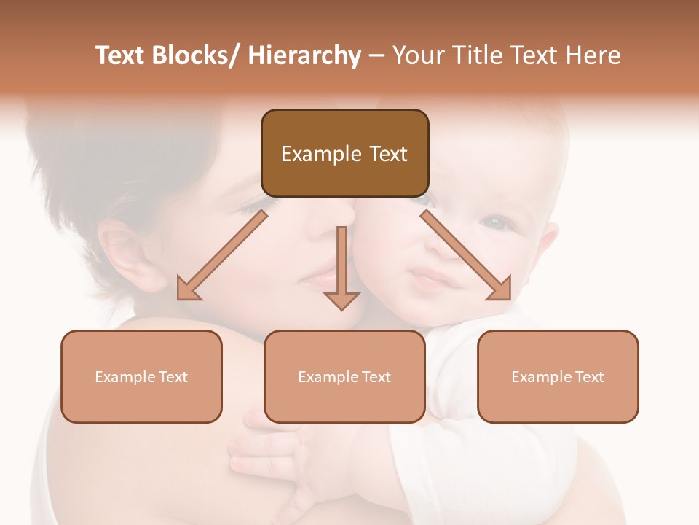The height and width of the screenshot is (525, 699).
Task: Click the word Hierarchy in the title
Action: tap(304, 56)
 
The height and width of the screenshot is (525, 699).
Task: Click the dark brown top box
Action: tap(344, 153)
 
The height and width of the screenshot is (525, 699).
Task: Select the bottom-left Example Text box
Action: tap(141, 376)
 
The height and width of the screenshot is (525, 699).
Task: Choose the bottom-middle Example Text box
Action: tap(344, 376)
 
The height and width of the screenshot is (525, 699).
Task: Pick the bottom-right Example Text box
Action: tap(558, 376)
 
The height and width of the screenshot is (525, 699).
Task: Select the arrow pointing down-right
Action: tap(466, 255)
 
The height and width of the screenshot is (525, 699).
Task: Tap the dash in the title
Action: tap(376, 56)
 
